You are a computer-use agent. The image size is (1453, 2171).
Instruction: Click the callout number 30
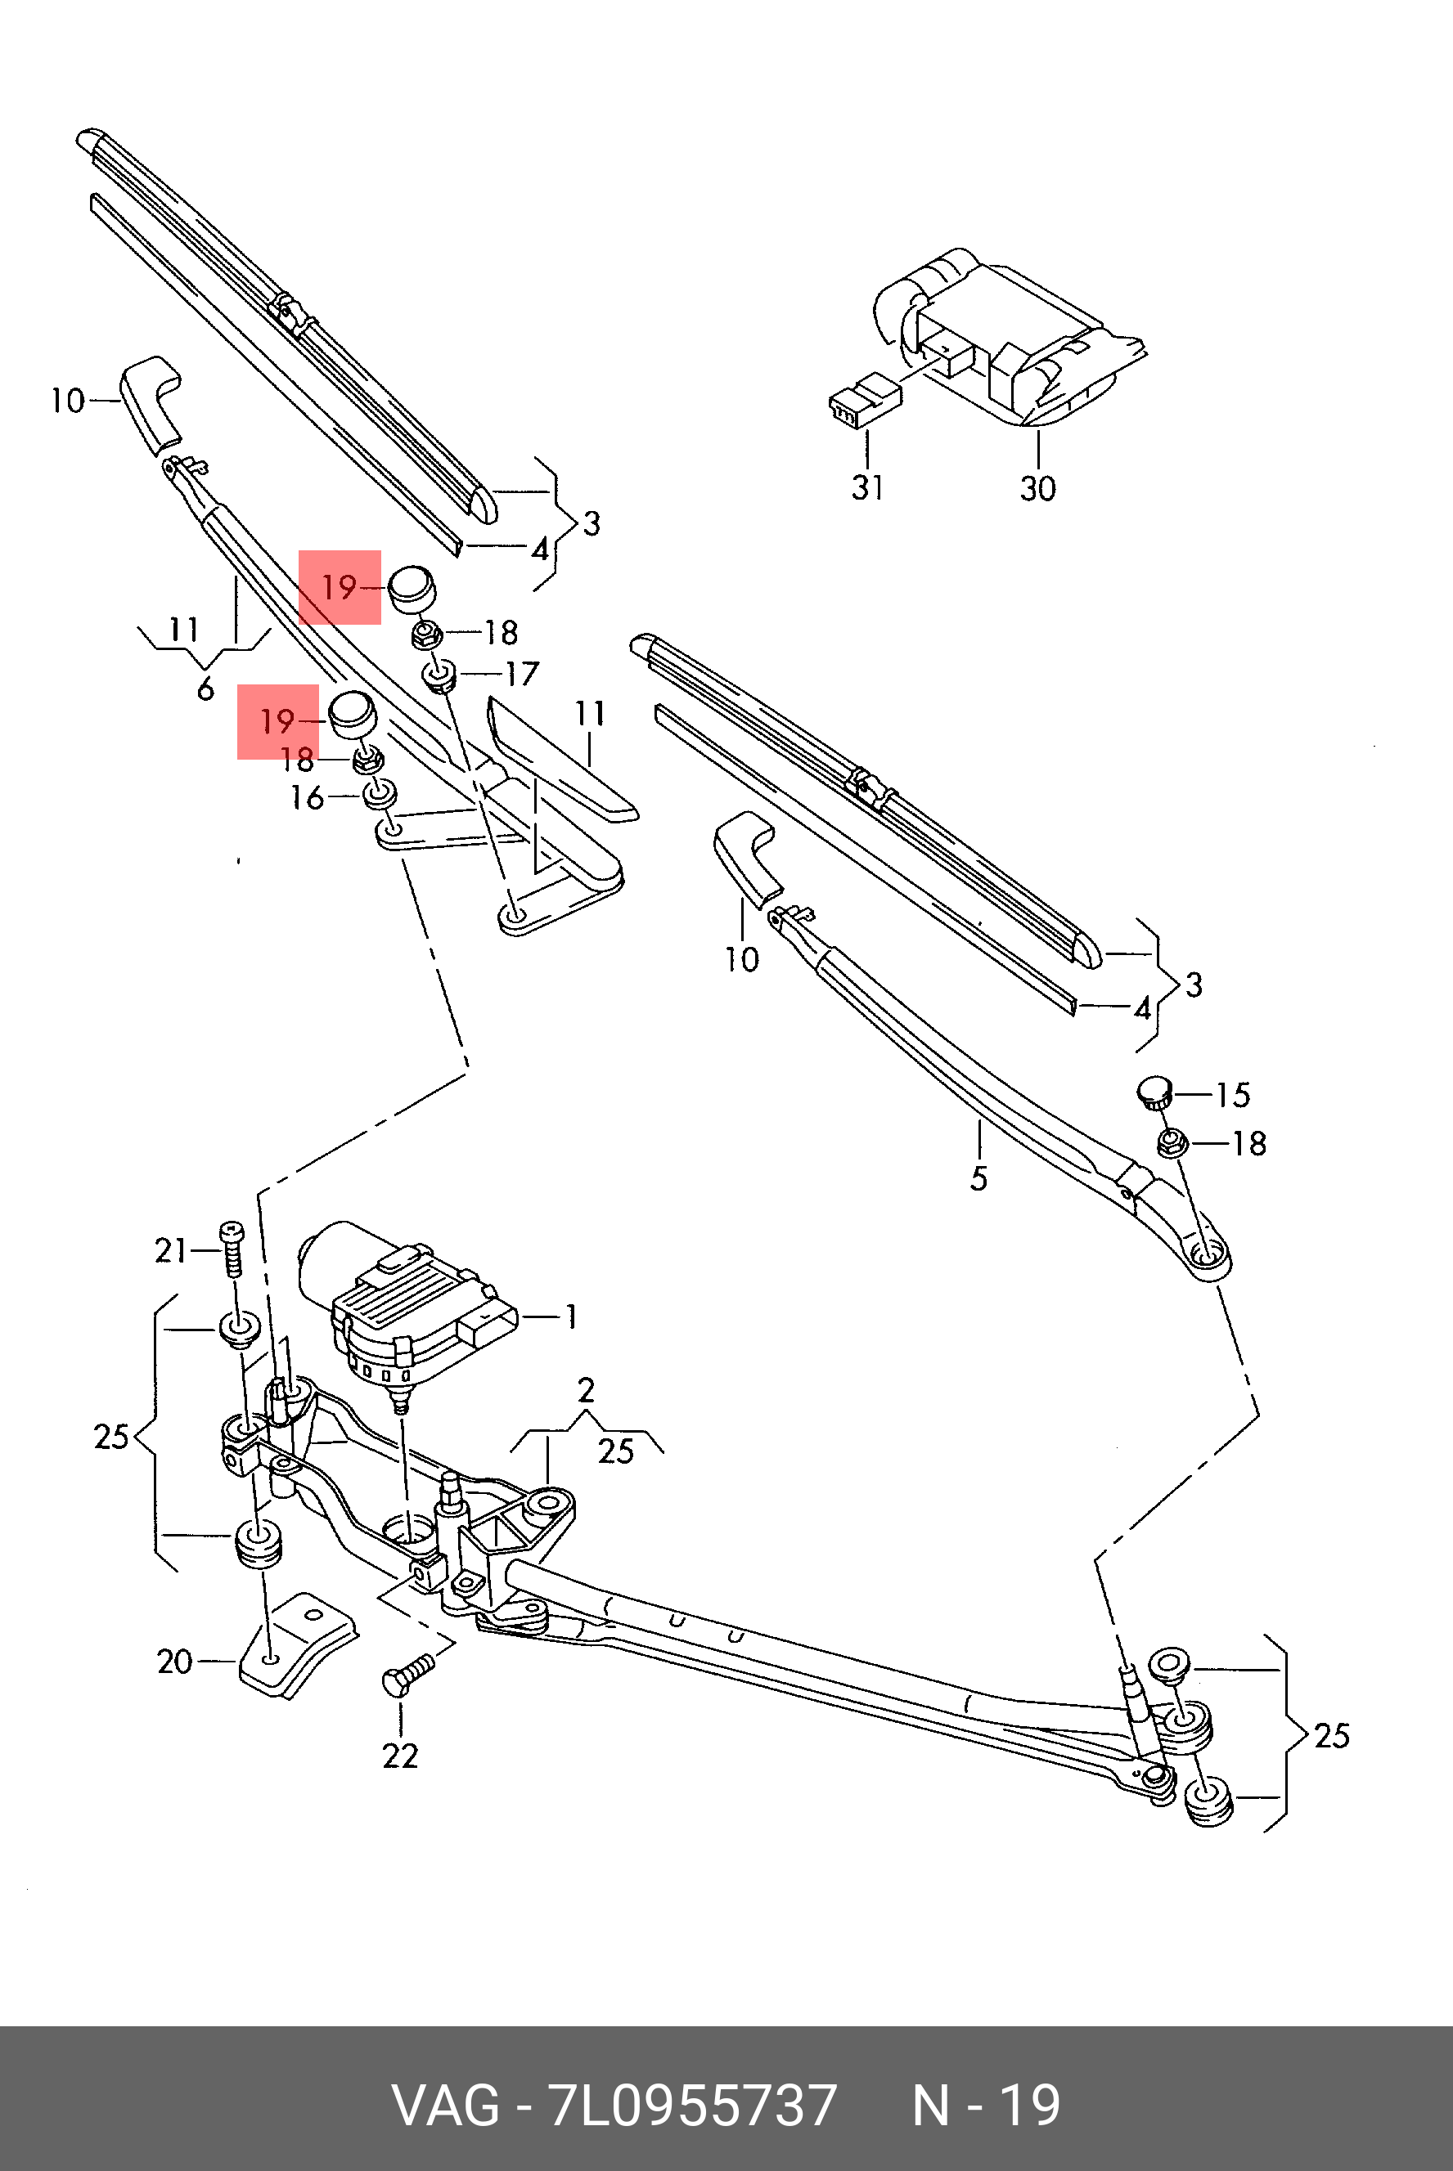pyautogui.click(x=1038, y=488)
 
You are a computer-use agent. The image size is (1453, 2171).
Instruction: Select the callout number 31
pyautogui.click(x=867, y=487)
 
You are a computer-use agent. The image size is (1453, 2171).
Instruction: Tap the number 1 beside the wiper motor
pyautogui.click(x=572, y=1317)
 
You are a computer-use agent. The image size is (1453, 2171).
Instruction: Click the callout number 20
pyautogui.click(x=174, y=1661)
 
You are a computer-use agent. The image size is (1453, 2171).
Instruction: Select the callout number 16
pyautogui.click(x=307, y=797)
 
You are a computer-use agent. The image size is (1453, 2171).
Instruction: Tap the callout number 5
pyautogui.click(x=978, y=1178)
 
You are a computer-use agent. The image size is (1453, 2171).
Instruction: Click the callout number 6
pyautogui.click(x=205, y=689)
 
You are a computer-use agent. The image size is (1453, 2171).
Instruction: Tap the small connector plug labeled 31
pyautogui.click(x=864, y=400)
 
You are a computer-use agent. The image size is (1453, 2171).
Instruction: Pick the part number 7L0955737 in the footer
pyautogui.click(x=693, y=2106)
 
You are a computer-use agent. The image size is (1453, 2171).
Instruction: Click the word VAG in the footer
pyautogui.click(x=447, y=2106)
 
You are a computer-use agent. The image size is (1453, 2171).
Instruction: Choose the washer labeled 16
pyautogui.click(x=380, y=795)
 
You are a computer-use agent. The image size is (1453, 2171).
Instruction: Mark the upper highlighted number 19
pyautogui.click(x=340, y=586)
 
